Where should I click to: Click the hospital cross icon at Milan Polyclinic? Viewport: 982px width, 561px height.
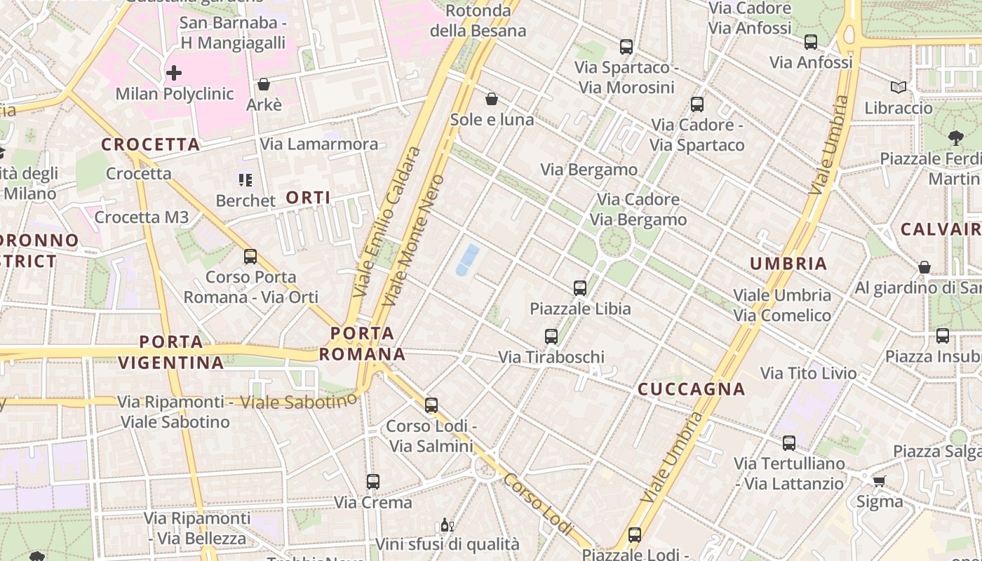(x=173, y=72)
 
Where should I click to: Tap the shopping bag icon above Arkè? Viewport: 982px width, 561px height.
(x=264, y=85)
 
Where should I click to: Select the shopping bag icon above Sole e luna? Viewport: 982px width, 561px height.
(x=492, y=99)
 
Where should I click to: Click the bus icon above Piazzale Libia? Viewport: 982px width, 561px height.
(x=580, y=288)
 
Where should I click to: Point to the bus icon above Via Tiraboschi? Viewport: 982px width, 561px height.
(x=551, y=337)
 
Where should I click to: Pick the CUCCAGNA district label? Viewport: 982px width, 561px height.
(x=691, y=389)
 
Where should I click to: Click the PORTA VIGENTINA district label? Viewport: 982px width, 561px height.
(x=171, y=352)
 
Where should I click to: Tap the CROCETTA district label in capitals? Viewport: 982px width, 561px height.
(x=151, y=144)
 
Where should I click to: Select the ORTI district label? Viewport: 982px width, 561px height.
(x=308, y=198)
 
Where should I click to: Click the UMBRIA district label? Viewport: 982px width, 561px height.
(x=788, y=264)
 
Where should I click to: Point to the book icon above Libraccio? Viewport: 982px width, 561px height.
(x=898, y=88)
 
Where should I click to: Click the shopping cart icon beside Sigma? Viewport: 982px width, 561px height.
(x=879, y=481)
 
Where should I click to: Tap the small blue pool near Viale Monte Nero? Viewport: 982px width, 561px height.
(x=467, y=259)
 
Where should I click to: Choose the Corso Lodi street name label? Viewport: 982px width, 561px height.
(x=538, y=503)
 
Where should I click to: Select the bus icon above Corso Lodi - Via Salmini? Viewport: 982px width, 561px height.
(x=431, y=405)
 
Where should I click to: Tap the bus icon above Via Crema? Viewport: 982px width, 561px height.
(x=373, y=482)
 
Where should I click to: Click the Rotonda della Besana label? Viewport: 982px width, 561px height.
(x=478, y=20)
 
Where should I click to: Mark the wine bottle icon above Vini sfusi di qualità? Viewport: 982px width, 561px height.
(x=446, y=525)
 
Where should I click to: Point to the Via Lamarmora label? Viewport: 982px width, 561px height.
(x=319, y=144)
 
